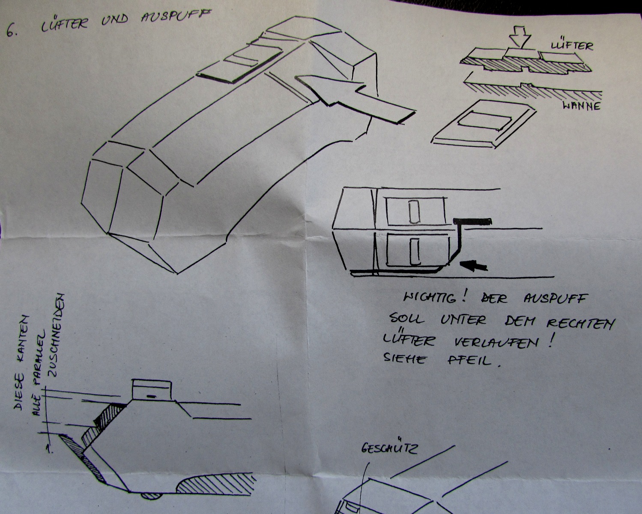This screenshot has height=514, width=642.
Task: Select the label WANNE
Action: (x=581, y=105)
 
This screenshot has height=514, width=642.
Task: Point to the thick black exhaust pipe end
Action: (x=473, y=221)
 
